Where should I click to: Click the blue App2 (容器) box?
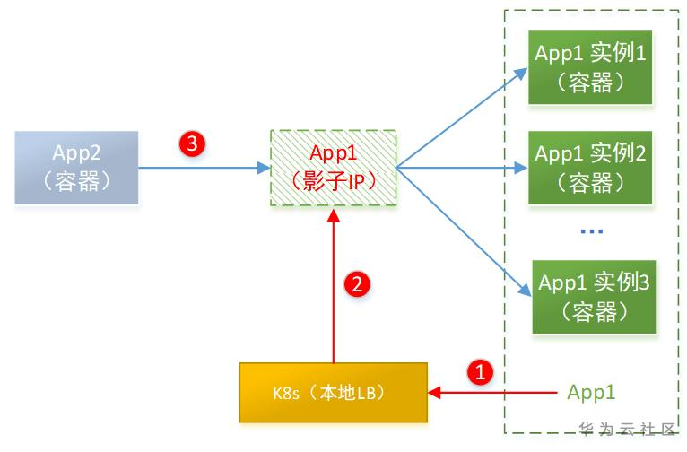click(x=76, y=166)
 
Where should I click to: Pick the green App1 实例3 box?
click(x=593, y=297)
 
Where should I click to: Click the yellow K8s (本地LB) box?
click(x=333, y=393)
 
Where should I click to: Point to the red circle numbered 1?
click(x=483, y=371)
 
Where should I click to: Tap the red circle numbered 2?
click(x=356, y=285)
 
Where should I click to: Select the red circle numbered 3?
click(x=192, y=143)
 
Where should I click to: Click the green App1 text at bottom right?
click(x=592, y=393)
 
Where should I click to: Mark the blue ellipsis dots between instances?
click(x=591, y=232)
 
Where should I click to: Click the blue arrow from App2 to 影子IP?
click(x=203, y=167)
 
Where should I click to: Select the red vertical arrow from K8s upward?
click(x=333, y=287)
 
